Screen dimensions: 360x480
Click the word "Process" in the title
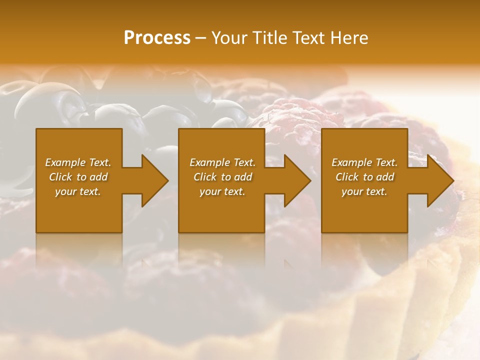(157, 38)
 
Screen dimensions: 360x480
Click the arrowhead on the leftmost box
(152, 181)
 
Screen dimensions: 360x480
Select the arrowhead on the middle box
(295, 181)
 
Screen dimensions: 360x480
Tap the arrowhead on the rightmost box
(437, 181)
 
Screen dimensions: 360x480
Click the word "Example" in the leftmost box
(65, 162)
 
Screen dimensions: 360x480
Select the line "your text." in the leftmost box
(78, 191)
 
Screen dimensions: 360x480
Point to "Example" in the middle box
(209, 162)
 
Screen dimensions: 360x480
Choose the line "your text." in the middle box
(222, 191)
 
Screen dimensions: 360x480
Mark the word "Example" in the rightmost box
(351, 162)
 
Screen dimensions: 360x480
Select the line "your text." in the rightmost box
(364, 191)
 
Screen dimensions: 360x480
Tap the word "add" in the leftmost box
(98, 177)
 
